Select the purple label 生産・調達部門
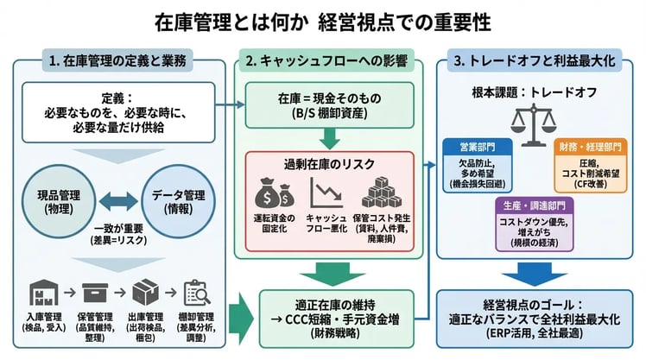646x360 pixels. tap(533, 206)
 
